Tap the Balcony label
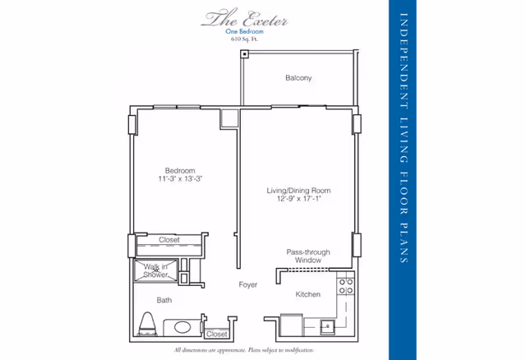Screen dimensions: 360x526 pos(298,78)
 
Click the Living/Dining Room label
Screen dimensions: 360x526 pos(298,191)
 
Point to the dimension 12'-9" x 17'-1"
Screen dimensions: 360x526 pos(298,200)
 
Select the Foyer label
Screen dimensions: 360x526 pos(247,285)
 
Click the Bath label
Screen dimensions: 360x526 pos(164,300)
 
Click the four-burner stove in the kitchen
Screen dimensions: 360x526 pos(346,286)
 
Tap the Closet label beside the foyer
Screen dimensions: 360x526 pos(217,335)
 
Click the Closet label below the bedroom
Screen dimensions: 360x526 pos(168,240)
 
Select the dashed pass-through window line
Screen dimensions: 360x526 pos(306,269)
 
